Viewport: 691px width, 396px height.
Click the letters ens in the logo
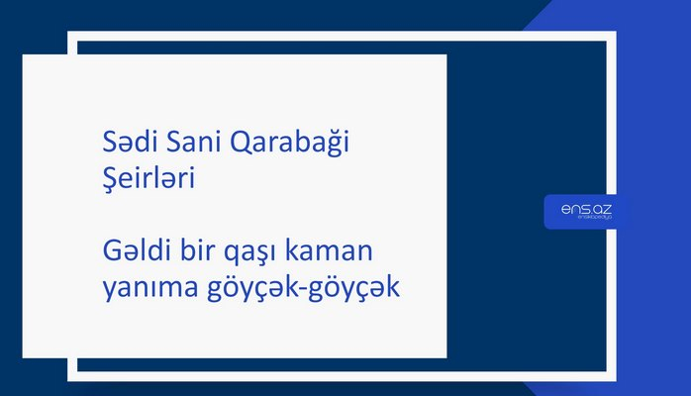[x=573, y=209]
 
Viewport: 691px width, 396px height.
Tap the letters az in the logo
[x=601, y=209]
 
